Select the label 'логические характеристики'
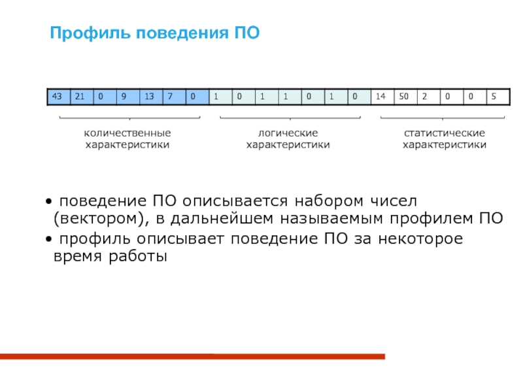point(288,139)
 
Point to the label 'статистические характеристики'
point(444,139)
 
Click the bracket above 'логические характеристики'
point(290,118)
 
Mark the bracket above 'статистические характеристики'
point(443,118)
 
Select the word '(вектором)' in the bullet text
point(98,218)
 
